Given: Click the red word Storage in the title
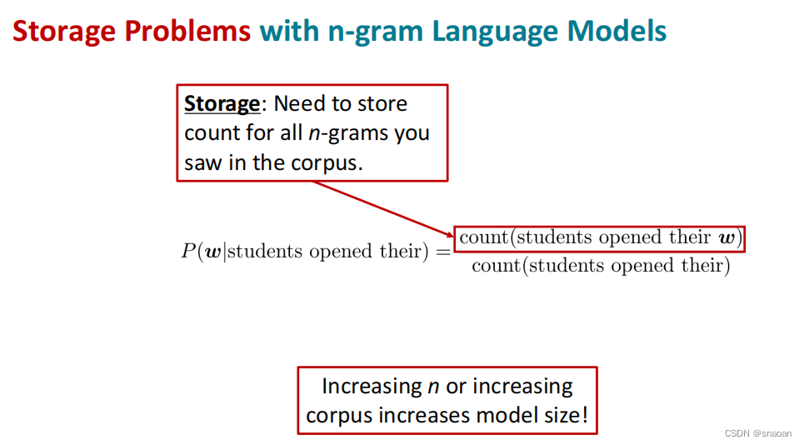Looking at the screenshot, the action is tap(65, 32).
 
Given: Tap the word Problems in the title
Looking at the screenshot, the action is tap(187, 31).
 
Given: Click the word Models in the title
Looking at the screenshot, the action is tap(617, 31).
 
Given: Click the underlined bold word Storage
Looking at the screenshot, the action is tap(222, 103).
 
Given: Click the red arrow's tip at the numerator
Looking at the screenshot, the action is tap(454, 236).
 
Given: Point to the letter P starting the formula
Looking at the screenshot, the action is tap(188, 251).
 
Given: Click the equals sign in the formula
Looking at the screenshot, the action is tap(442, 252).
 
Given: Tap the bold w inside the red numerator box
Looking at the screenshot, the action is tap(727, 237).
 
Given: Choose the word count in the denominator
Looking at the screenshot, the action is tap(496, 266).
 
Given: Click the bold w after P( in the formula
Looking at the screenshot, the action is tap(212, 252).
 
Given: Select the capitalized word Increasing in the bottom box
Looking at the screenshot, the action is tap(372, 386).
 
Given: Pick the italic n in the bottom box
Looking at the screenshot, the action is tap(433, 387).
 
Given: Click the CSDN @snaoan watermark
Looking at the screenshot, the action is tap(758, 433).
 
